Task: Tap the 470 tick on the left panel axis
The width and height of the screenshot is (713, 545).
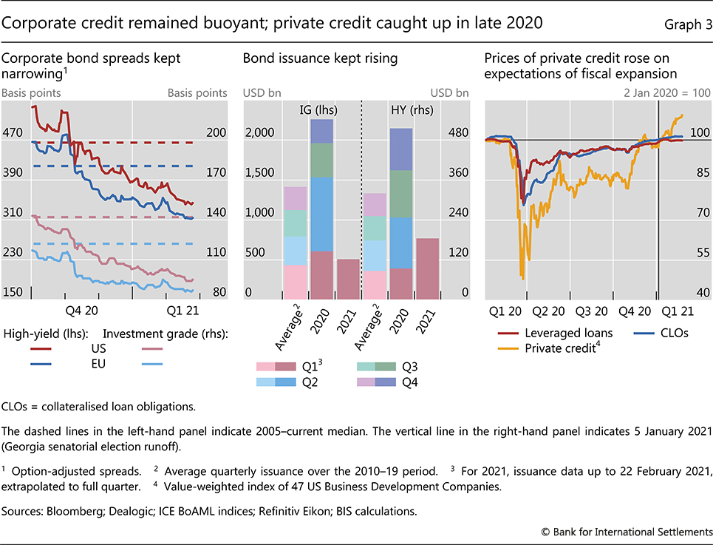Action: (x=14, y=134)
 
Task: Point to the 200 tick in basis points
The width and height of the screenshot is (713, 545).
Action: (x=216, y=134)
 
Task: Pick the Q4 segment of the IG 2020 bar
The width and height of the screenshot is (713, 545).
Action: (x=321, y=131)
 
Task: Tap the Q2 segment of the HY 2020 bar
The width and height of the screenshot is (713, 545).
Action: (x=401, y=243)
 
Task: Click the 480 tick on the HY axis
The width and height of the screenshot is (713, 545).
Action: (x=460, y=134)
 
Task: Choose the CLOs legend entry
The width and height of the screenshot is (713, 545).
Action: (x=668, y=333)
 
